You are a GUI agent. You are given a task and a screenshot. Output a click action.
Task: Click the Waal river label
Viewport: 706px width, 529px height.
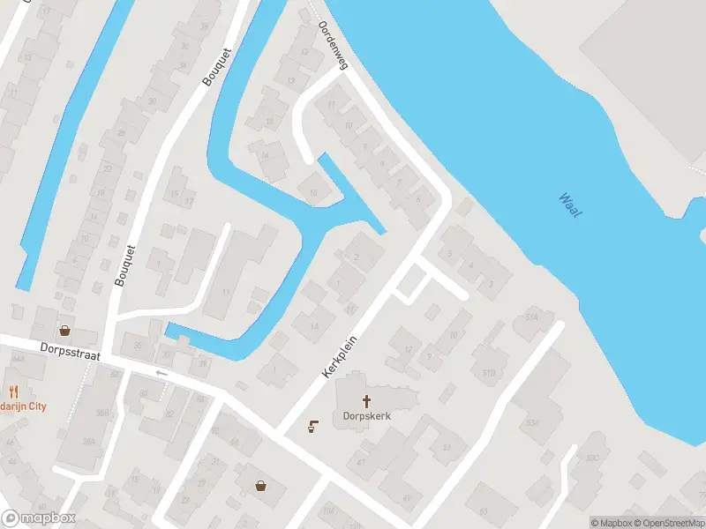570,206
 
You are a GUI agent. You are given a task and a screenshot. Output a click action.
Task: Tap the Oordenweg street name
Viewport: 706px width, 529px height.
334,45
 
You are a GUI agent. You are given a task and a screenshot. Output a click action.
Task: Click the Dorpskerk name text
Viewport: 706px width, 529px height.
361,416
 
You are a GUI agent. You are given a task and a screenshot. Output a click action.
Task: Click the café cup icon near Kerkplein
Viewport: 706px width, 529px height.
312,427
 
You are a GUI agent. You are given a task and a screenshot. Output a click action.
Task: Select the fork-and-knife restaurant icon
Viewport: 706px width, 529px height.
13,391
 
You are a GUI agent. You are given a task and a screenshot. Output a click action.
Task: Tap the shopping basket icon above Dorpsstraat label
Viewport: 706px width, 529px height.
64,331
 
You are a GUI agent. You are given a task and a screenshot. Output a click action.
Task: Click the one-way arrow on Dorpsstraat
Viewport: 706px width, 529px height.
161,373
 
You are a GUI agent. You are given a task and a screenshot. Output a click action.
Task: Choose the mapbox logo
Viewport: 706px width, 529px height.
39,518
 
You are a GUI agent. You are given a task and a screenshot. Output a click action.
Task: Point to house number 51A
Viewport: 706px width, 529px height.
531,317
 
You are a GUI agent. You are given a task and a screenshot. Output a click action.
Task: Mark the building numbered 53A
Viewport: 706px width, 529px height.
531,422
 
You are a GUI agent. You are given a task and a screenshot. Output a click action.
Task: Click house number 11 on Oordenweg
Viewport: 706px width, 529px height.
332,105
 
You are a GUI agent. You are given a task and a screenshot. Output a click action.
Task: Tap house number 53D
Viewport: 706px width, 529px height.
591,457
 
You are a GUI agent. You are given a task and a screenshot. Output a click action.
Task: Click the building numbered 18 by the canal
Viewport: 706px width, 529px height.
312,190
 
